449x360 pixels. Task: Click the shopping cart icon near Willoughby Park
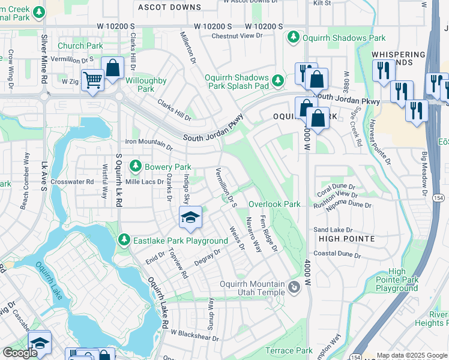pos(92,79)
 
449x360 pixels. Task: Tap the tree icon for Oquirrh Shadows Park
pos(294,38)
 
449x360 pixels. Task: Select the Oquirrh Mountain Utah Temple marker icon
pos(294,288)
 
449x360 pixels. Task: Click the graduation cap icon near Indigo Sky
pos(190,217)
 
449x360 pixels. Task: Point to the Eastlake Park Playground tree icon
pos(124,241)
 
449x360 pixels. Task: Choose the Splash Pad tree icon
pos(277,80)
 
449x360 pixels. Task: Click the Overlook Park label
pos(274,204)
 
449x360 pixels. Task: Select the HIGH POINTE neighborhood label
pos(346,238)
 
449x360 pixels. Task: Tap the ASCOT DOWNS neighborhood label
pos(169,7)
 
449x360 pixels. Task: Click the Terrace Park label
pos(289,350)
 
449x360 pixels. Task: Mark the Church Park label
pos(80,46)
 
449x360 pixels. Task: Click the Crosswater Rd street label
pos(73,181)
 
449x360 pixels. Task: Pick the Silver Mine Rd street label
pos(44,58)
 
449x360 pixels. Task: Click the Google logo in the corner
pos(20,353)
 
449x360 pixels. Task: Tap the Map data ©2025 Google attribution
pos(412,355)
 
